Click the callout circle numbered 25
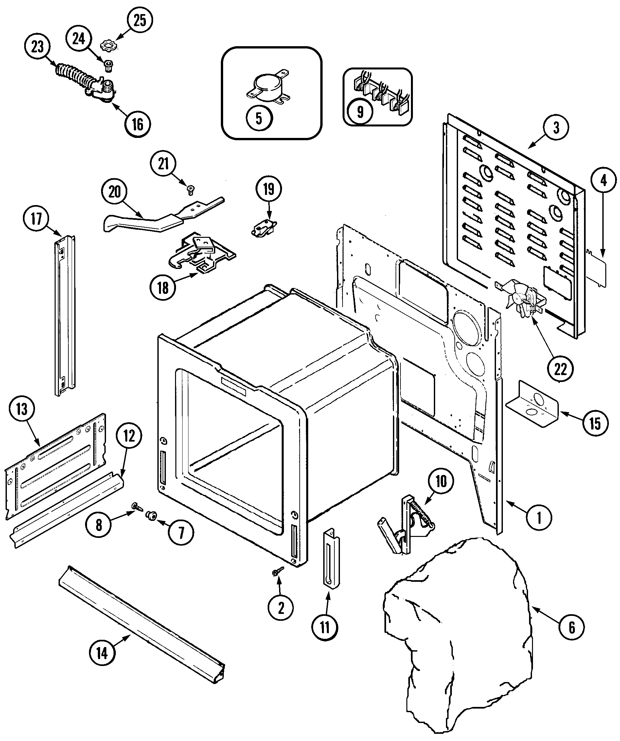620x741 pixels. (140, 20)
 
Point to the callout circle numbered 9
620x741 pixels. (360, 112)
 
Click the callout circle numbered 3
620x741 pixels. (556, 128)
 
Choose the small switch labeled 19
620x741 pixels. (264, 229)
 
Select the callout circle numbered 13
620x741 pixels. (22, 409)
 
